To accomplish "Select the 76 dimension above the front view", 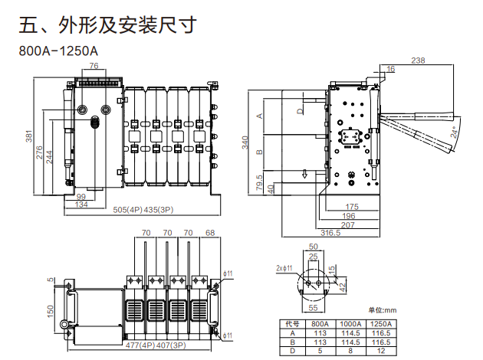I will click(94, 67).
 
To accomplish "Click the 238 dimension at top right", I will click(418, 60).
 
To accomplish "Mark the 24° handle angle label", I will click(458, 132).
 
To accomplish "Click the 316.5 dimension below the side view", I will click(330, 232).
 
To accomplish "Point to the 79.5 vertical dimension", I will click(257, 185).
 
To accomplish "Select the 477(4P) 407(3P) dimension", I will click(158, 345).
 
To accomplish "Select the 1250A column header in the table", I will click(381, 324).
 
